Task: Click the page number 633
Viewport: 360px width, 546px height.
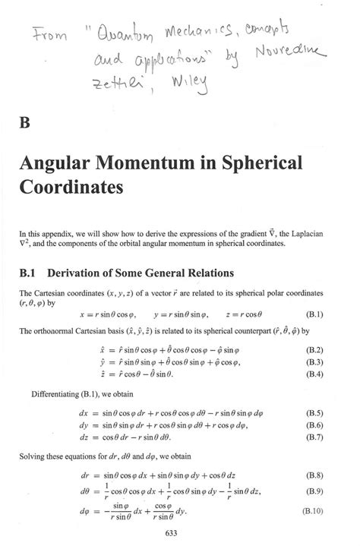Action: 181,532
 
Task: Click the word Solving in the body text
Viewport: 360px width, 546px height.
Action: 34,456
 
